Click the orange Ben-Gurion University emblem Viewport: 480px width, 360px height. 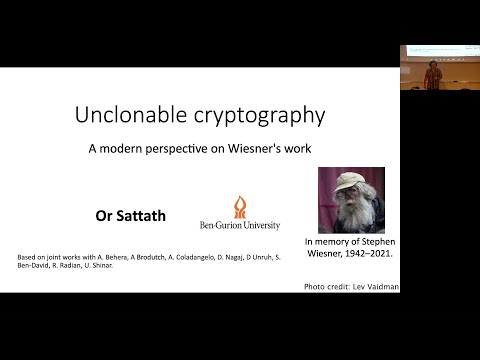coord(240,207)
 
